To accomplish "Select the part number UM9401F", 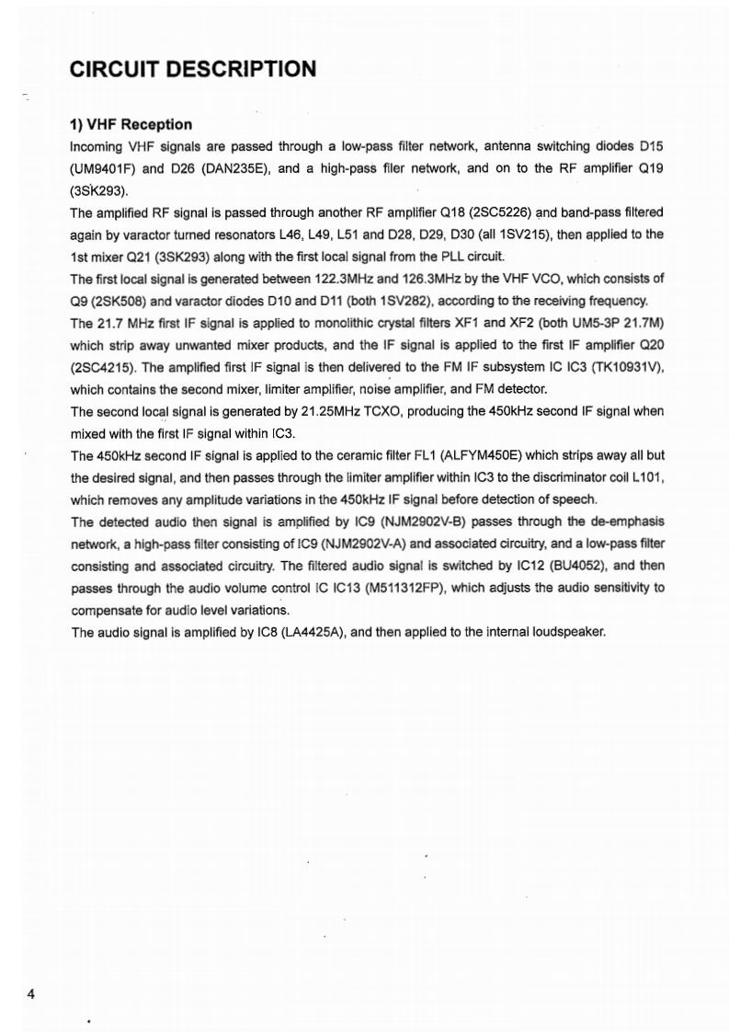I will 106,170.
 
